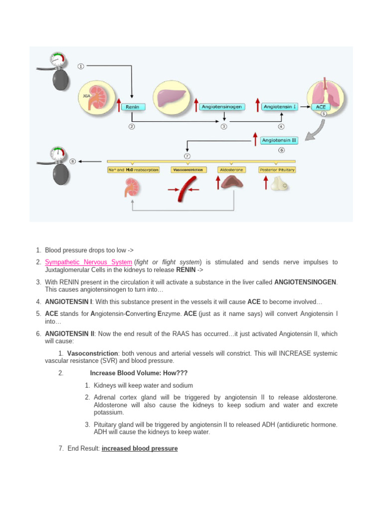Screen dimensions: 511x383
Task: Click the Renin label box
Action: coord(132,107)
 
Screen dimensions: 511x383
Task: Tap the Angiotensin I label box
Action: coord(280,107)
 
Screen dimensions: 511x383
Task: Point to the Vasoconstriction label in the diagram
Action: coord(188,170)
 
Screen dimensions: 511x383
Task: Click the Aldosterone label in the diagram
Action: coord(231,170)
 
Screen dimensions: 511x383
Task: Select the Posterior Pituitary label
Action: coord(277,170)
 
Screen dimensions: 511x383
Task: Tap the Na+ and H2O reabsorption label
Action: coord(133,170)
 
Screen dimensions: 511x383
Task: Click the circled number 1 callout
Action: coord(81,66)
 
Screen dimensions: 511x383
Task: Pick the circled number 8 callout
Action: coord(74,161)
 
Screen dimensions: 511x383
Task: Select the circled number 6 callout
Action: coord(281,150)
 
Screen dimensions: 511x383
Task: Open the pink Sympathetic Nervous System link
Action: coord(89,262)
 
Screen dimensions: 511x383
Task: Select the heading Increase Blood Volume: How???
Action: coord(139,373)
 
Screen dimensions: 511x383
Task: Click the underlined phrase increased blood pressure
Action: coord(140,449)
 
